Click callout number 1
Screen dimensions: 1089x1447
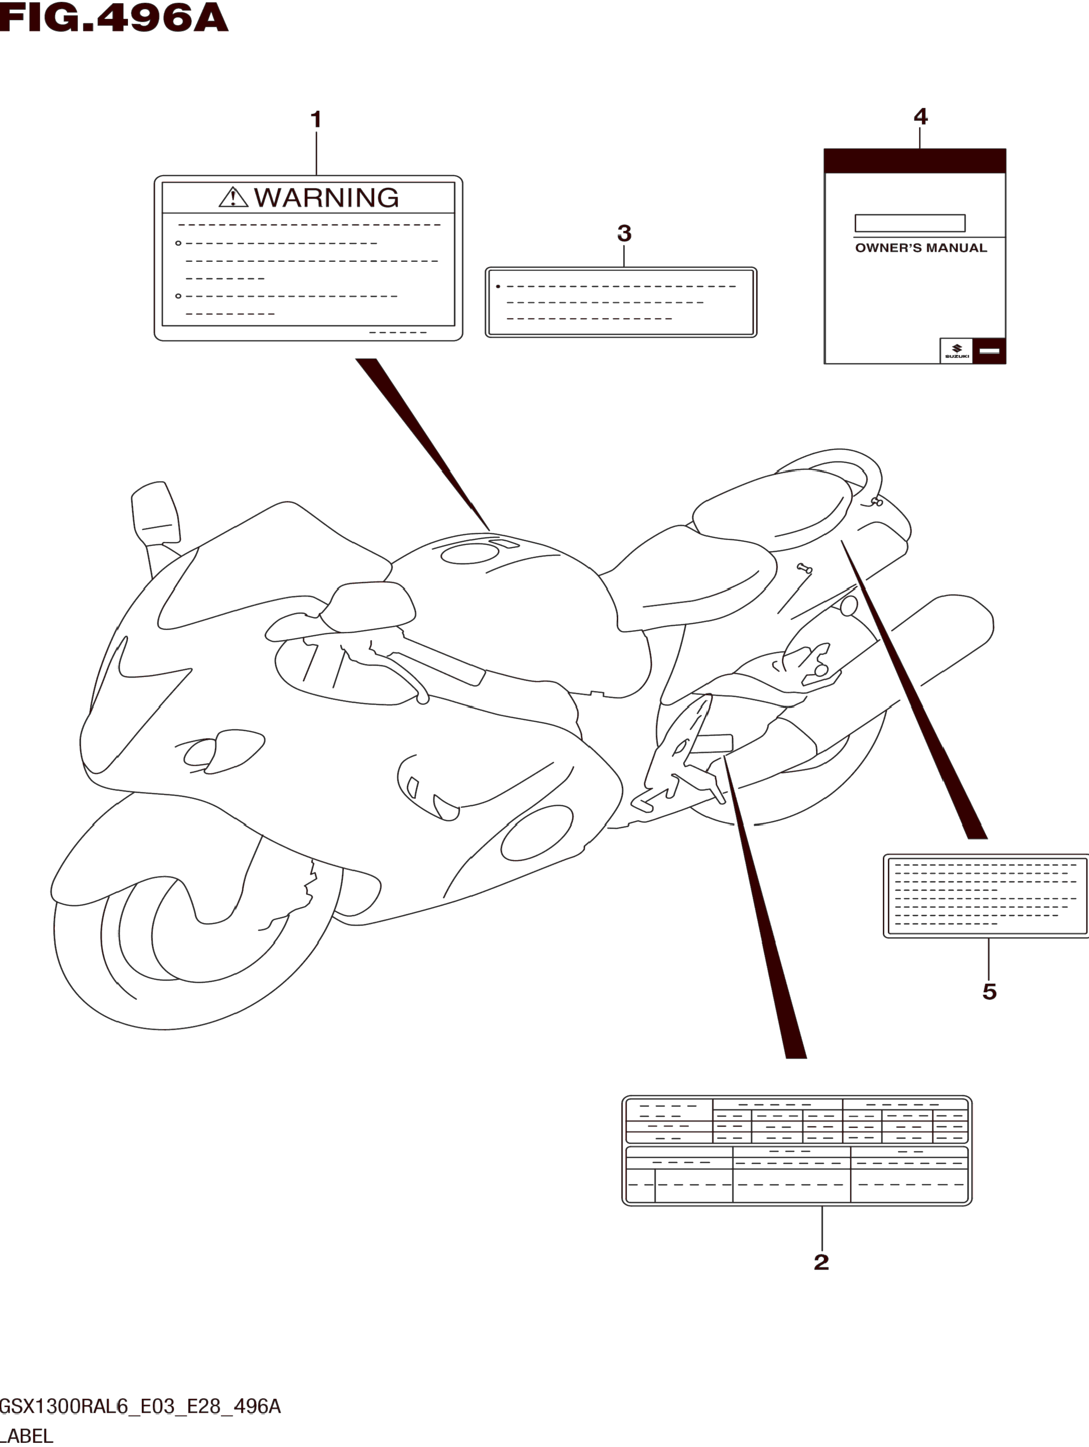[x=316, y=120]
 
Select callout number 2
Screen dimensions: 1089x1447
[x=822, y=1262]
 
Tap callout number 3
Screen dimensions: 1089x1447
[x=625, y=233]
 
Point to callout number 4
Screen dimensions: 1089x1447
[x=920, y=117]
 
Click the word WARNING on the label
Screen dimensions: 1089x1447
[x=326, y=197]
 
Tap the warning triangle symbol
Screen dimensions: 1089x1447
[x=233, y=197]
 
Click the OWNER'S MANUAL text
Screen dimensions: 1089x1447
[x=921, y=248]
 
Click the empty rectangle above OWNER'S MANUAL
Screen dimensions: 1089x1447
[x=910, y=223]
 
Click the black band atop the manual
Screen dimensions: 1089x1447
[x=914, y=161]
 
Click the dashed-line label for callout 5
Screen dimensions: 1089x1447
[x=986, y=896]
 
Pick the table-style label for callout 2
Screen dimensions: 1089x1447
[x=796, y=1150]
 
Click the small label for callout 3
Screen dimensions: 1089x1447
[x=620, y=302]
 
